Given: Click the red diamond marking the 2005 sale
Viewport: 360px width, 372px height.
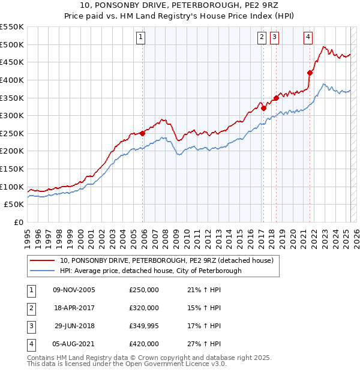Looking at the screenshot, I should click(143, 133).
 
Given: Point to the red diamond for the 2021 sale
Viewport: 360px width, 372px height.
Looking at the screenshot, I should click(310, 73).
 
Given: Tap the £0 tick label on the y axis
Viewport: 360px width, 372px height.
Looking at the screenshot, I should click(19, 222).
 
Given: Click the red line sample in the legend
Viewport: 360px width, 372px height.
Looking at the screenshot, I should click(43, 261).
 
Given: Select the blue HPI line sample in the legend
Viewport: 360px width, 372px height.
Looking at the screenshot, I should click(43, 271).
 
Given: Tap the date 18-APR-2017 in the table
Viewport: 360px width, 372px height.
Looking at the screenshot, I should click(74, 308).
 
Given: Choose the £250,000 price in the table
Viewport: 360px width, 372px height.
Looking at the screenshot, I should click(144, 290).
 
